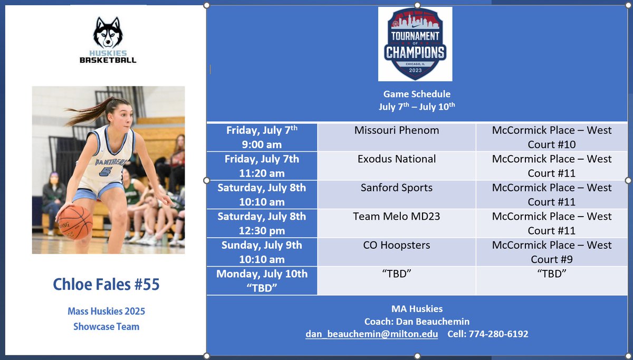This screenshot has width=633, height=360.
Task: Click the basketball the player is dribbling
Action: pyautogui.click(x=75, y=222)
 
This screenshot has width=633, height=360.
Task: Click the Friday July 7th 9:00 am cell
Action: pyautogui.click(x=262, y=137)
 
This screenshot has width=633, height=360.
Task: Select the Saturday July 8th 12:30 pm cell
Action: pyautogui.click(x=262, y=223)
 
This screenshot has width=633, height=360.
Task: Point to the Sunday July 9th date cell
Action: pyautogui.click(x=262, y=252)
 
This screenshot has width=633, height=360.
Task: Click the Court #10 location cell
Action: pyautogui.click(x=552, y=137)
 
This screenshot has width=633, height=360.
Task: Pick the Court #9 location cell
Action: pyautogui.click(x=552, y=252)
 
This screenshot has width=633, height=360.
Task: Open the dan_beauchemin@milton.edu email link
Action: pyautogui.click(x=371, y=334)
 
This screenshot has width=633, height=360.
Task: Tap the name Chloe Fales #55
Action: pyautogui.click(x=106, y=285)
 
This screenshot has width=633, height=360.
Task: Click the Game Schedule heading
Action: pyautogui.click(x=417, y=94)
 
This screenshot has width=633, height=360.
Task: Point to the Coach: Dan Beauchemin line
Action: pyautogui.click(x=417, y=322)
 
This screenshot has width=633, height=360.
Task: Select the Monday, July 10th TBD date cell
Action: pyautogui.click(x=262, y=280)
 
